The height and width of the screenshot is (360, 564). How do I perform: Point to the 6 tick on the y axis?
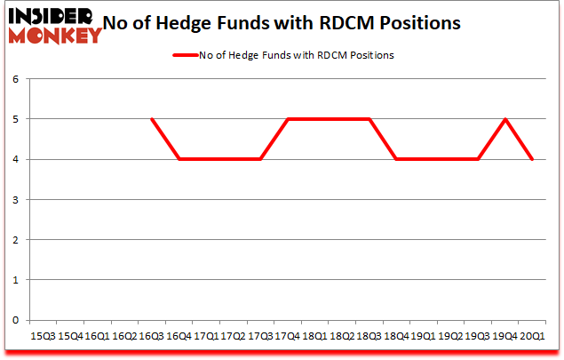[x=16, y=79]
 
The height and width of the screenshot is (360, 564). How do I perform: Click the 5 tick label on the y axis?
[x=16, y=119]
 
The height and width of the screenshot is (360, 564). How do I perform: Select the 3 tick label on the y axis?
[x=16, y=199]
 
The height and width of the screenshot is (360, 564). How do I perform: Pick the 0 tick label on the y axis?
[x=16, y=320]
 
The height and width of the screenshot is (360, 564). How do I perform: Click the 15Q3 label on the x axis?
[x=43, y=337]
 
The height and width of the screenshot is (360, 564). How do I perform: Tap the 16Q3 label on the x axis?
[x=152, y=337]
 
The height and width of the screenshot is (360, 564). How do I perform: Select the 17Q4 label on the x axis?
[x=288, y=337]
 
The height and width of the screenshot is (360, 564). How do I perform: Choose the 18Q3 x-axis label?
[x=369, y=337]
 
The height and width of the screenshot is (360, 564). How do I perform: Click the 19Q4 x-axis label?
[x=505, y=337]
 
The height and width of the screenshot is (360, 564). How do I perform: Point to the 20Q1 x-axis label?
[x=533, y=337]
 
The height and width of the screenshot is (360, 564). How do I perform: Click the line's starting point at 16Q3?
[x=152, y=119]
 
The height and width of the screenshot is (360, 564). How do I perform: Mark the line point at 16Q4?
[x=179, y=159]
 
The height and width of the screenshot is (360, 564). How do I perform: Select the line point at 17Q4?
[x=288, y=119]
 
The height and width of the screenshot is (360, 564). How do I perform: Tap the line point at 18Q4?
[x=397, y=159]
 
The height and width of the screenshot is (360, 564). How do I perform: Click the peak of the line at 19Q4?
[x=505, y=119]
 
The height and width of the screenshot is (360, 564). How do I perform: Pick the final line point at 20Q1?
[x=533, y=159]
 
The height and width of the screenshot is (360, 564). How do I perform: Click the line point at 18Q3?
[x=369, y=119]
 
